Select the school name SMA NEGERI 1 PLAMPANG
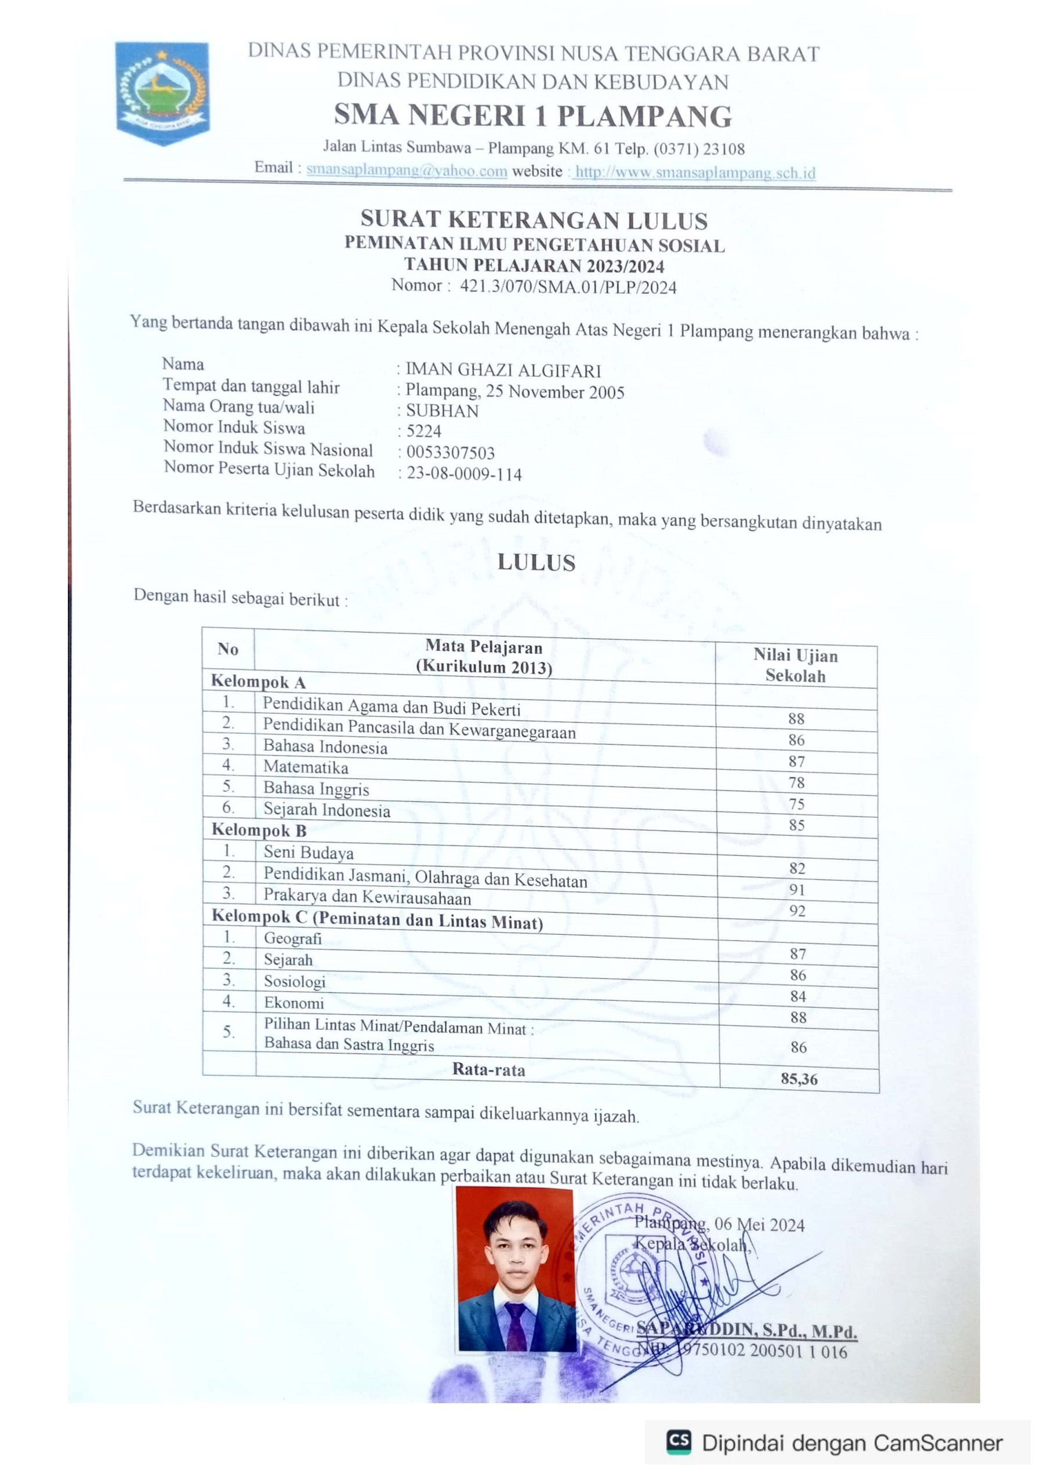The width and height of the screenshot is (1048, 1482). (533, 116)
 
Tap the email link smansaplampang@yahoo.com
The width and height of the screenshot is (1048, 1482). (406, 170)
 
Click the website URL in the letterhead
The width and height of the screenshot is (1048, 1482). (695, 173)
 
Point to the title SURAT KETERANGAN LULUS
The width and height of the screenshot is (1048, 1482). (534, 220)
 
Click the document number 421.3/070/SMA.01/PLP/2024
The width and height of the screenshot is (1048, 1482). (568, 287)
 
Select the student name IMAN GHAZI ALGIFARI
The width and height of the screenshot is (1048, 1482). (503, 370)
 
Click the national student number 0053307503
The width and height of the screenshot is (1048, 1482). (450, 453)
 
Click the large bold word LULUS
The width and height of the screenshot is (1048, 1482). (536, 563)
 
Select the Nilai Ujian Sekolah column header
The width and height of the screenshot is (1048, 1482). (795, 665)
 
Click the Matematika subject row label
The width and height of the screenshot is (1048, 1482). (306, 767)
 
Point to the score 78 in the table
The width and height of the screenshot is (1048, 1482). (796, 783)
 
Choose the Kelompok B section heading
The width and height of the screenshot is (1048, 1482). (259, 830)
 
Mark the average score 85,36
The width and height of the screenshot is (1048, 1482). (799, 1079)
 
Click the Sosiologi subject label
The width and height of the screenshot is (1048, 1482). (295, 982)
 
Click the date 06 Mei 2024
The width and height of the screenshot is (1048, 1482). (759, 1225)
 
